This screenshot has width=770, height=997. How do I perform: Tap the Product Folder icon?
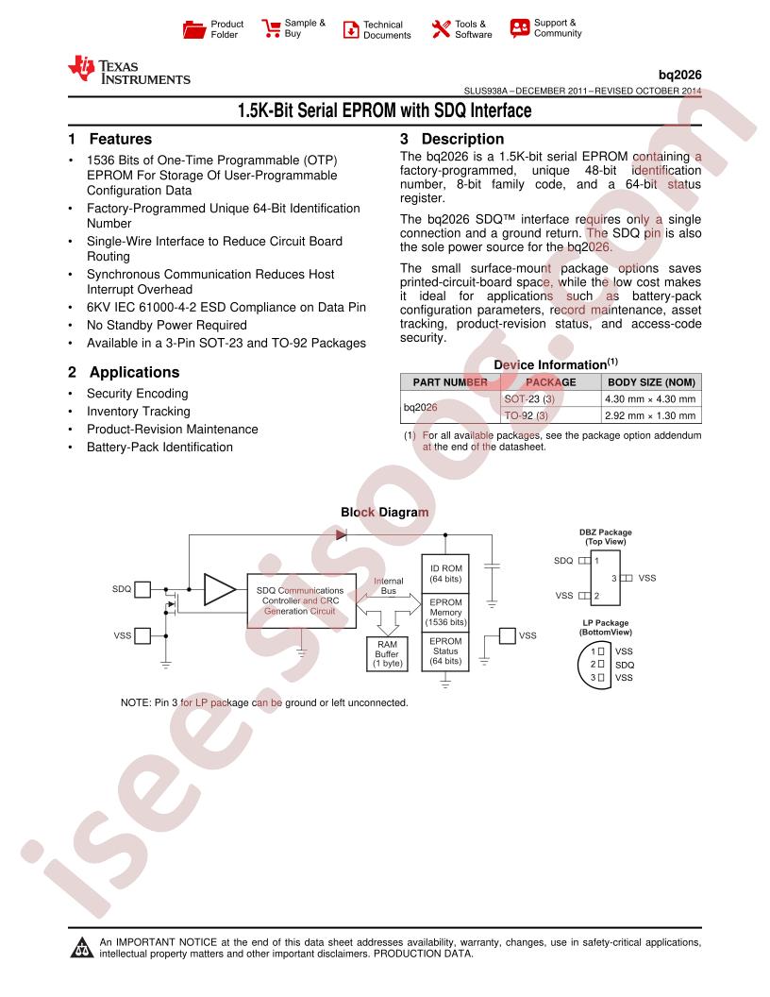click(193, 29)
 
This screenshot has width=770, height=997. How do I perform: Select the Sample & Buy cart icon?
click(271, 28)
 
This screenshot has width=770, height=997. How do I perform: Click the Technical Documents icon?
click(351, 29)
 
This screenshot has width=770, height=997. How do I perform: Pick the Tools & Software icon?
click(441, 28)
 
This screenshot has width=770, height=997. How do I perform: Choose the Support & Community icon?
click(520, 28)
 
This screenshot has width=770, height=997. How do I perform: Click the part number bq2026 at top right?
click(679, 75)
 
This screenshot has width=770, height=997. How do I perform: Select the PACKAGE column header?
click(551, 382)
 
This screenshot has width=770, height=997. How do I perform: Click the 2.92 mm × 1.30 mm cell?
click(650, 415)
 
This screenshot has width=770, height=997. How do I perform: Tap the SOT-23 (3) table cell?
click(529, 398)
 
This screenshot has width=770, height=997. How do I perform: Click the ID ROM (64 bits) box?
click(445, 573)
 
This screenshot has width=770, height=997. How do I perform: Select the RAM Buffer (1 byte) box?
click(387, 653)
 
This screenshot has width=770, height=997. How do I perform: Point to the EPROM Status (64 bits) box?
click(445, 651)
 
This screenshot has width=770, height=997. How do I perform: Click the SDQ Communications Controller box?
click(301, 600)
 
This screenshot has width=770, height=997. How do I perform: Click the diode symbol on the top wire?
click(342, 535)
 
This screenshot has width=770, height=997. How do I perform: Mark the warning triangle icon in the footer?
click(81, 947)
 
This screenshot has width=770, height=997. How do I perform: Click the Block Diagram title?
click(384, 512)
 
